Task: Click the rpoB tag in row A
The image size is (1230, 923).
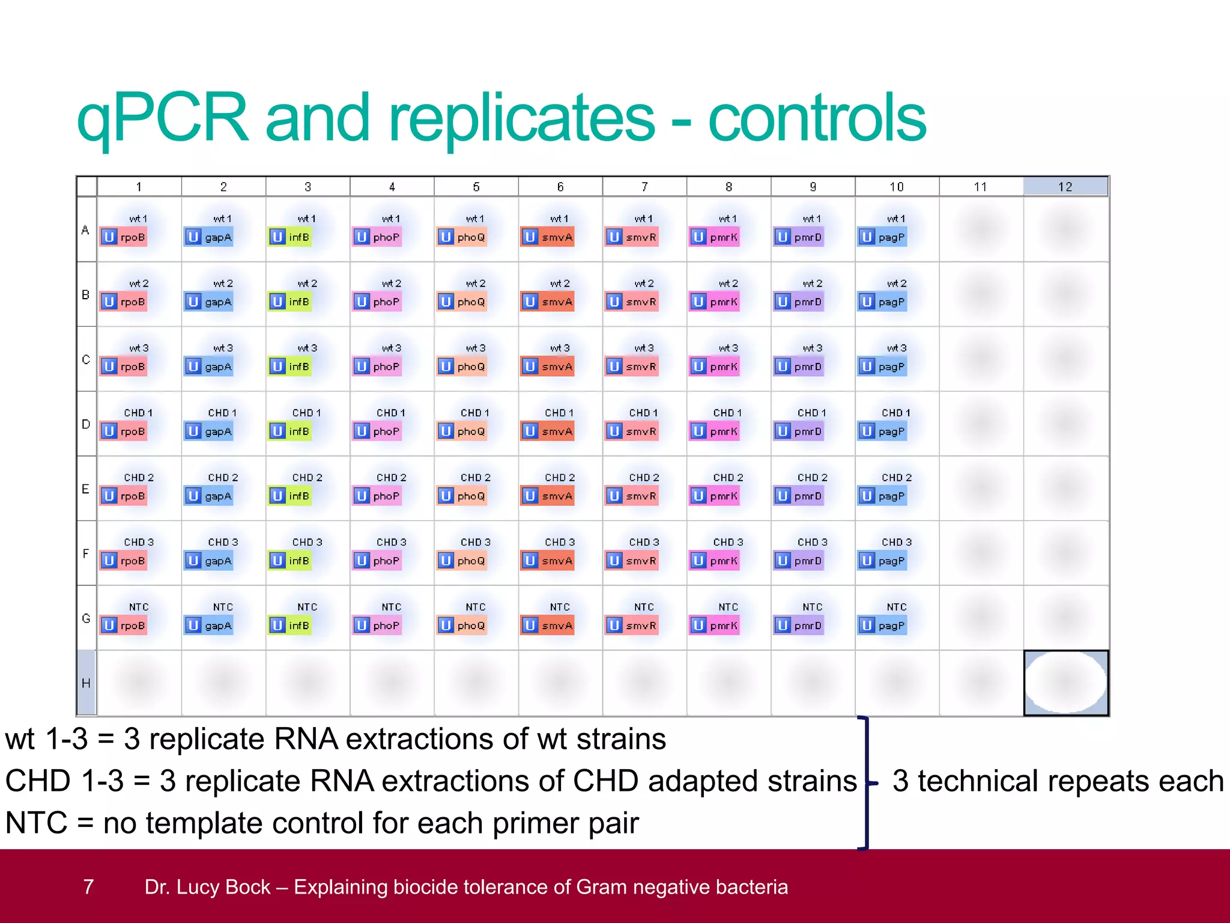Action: coord(124,237)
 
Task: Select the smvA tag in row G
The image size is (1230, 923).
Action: coord(548,626)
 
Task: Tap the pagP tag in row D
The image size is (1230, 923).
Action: coord(883,431)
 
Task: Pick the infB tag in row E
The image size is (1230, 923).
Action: coord(291,496)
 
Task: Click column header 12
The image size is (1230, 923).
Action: coord(1065,187)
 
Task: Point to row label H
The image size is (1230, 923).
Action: coord(86,683)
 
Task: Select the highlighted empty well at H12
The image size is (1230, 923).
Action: coord(1066,683)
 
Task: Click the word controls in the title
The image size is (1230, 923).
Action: coord(817,118)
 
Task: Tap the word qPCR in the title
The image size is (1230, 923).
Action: coord(163,118)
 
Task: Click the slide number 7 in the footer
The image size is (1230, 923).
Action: coord(88,887)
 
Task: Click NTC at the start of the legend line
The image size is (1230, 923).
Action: coord(36,823)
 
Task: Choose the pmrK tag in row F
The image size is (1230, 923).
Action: coord(715,561)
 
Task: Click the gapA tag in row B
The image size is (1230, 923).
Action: coord(209,302)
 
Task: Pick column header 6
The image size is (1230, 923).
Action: coord(560,187)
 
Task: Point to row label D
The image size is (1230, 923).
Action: coord(86,424)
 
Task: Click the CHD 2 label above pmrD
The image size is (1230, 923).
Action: coord(812,478)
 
